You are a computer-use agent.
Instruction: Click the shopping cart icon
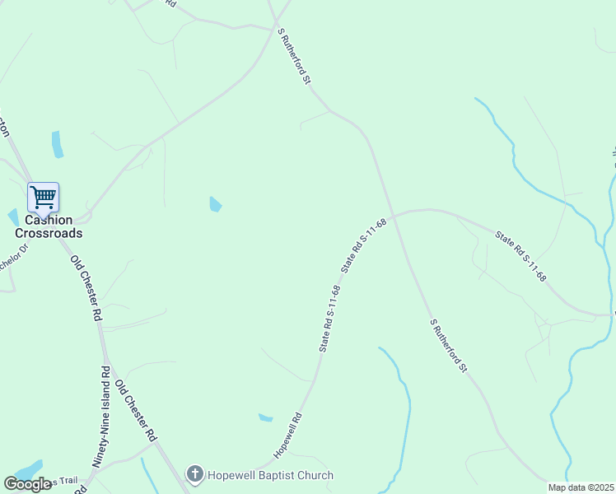43,197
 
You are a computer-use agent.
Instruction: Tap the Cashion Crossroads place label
48,226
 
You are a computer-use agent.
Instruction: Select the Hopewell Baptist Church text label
269,475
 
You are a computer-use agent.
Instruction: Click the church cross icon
194,474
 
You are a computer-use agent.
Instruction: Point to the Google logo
27,484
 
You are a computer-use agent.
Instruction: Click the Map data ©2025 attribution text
581,487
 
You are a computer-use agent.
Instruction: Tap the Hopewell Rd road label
288,436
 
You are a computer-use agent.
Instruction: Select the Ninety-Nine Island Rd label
101,417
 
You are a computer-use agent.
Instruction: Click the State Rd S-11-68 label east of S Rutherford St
520,256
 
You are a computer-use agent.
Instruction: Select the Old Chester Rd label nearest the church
136,411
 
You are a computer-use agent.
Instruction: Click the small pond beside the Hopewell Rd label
265,417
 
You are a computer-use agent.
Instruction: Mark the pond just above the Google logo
30,468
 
